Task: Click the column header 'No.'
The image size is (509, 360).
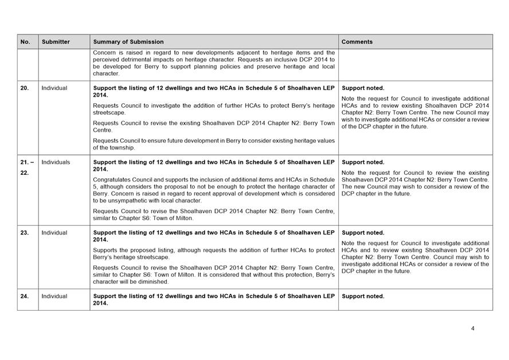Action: coord(25,42)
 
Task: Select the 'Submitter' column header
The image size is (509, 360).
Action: coord(56,42)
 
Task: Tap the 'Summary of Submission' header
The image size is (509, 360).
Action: coord(128,42)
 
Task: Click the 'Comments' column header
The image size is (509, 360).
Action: coord(357,42)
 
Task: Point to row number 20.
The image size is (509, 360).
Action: coord(25,88)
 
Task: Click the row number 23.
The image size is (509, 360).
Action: coord(25,233)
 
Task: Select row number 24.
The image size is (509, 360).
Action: coord(25,296)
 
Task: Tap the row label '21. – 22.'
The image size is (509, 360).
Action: coord(27,167)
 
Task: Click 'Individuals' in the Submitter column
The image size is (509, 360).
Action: coord(56,162)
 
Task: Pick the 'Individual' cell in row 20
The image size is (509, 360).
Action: coord(54,88)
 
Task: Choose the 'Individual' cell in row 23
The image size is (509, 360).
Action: coord(54,233)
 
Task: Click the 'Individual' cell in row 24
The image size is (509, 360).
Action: coord(54,296)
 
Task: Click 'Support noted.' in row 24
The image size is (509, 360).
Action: coord(363,296)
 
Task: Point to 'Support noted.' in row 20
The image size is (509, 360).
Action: coord(363,88)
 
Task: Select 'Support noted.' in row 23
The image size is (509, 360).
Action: coord(363,233)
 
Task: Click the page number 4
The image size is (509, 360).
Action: coord(473,328)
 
